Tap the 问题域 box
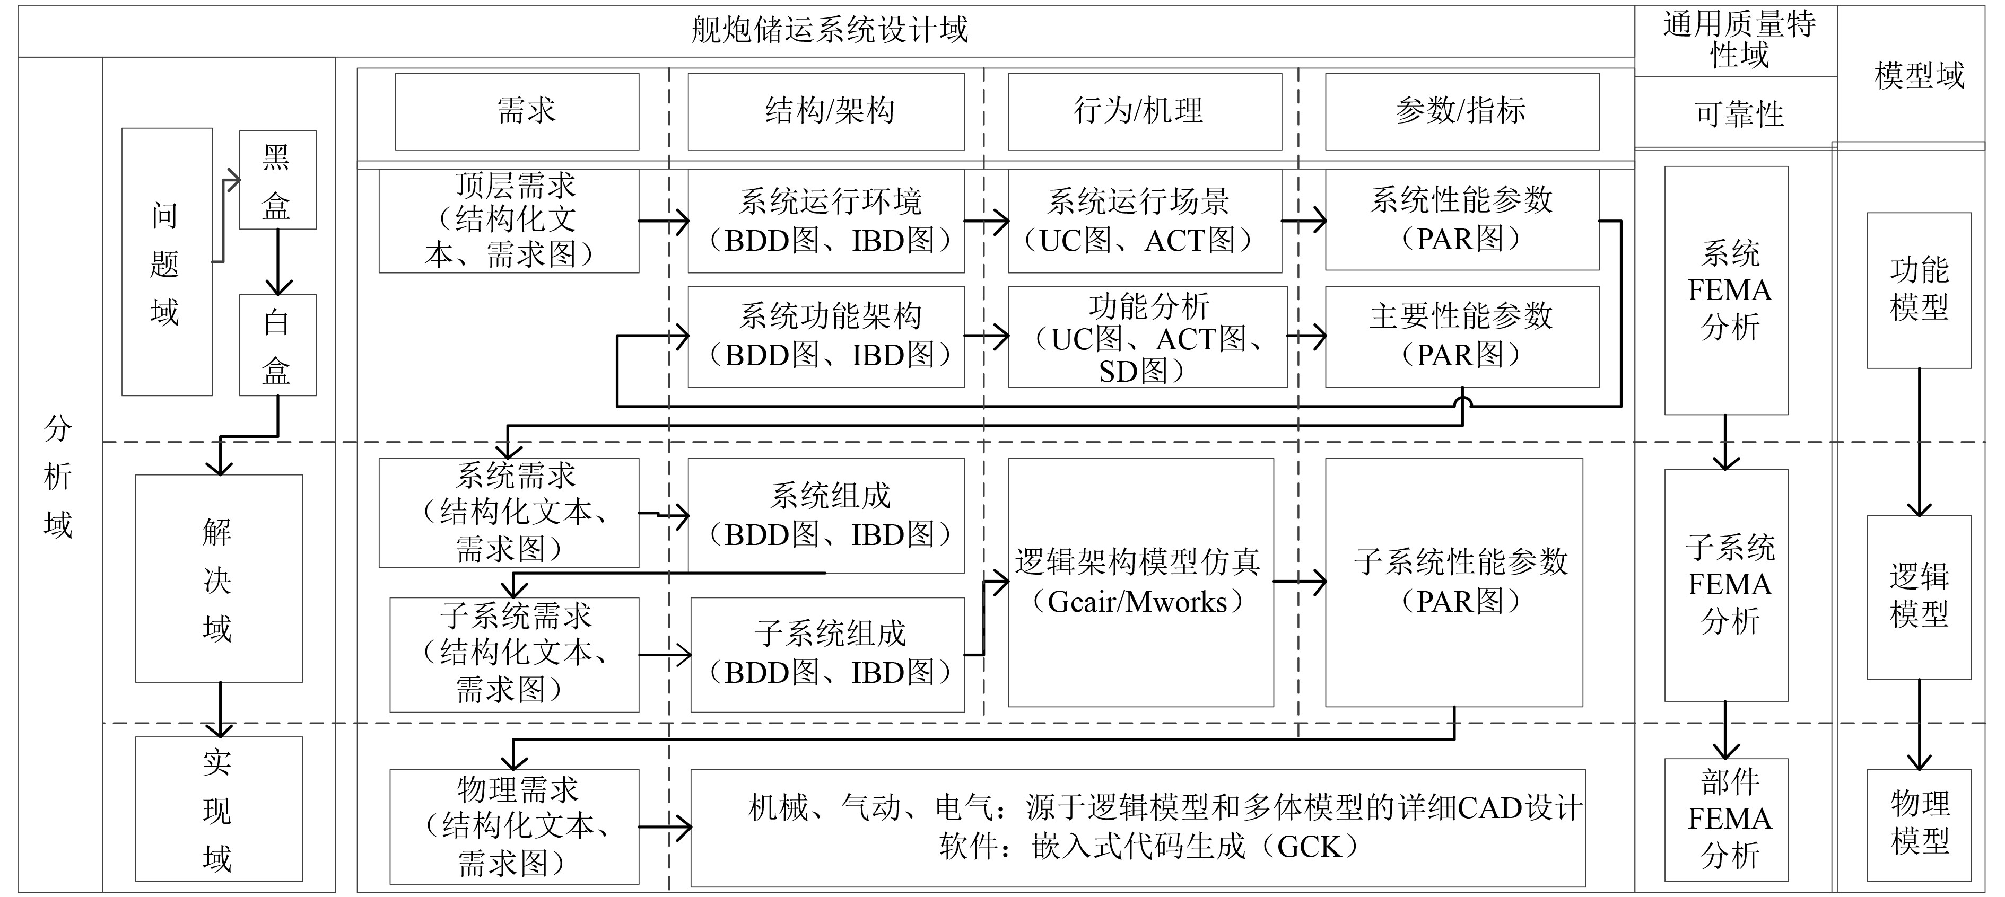pos(167,262)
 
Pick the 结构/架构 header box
pos(826,111)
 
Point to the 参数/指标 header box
pos(1462,111)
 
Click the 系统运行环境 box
pos(826,221)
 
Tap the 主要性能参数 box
pos(1462,336)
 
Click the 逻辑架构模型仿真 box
pos(1140,582)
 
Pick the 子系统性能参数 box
pos(1454,582)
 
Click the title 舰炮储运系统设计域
pos(830,30)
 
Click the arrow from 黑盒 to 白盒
pos(278,261)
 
